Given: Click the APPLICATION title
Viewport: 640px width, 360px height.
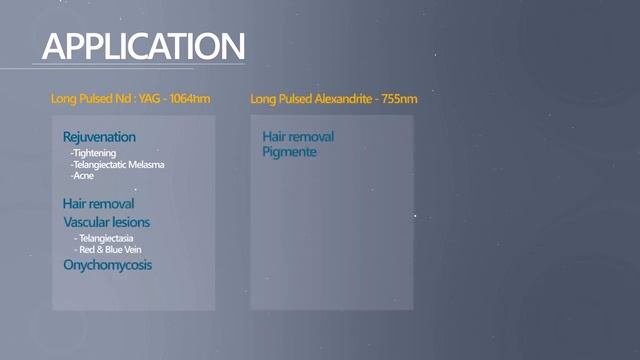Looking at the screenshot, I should [143, 46].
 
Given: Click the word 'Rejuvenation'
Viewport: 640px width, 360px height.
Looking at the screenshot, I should [99, 136].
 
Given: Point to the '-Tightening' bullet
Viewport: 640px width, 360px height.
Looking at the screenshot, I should [93, 153].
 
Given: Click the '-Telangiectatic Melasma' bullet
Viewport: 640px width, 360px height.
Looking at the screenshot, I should [117, 164].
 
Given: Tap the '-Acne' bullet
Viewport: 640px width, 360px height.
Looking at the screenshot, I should [82, 175].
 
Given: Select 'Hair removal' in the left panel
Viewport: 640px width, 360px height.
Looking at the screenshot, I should [98, 203].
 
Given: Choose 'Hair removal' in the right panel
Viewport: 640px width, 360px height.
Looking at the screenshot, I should [298, 136].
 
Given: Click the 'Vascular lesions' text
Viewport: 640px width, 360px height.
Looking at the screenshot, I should [107, 222].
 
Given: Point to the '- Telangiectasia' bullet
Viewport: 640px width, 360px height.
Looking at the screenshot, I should [104, 239].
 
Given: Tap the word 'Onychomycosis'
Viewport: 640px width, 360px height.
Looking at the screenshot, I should [107, 265].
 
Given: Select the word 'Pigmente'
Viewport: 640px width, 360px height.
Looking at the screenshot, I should [289, 152].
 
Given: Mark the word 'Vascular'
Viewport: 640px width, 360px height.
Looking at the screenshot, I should [85, 222].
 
